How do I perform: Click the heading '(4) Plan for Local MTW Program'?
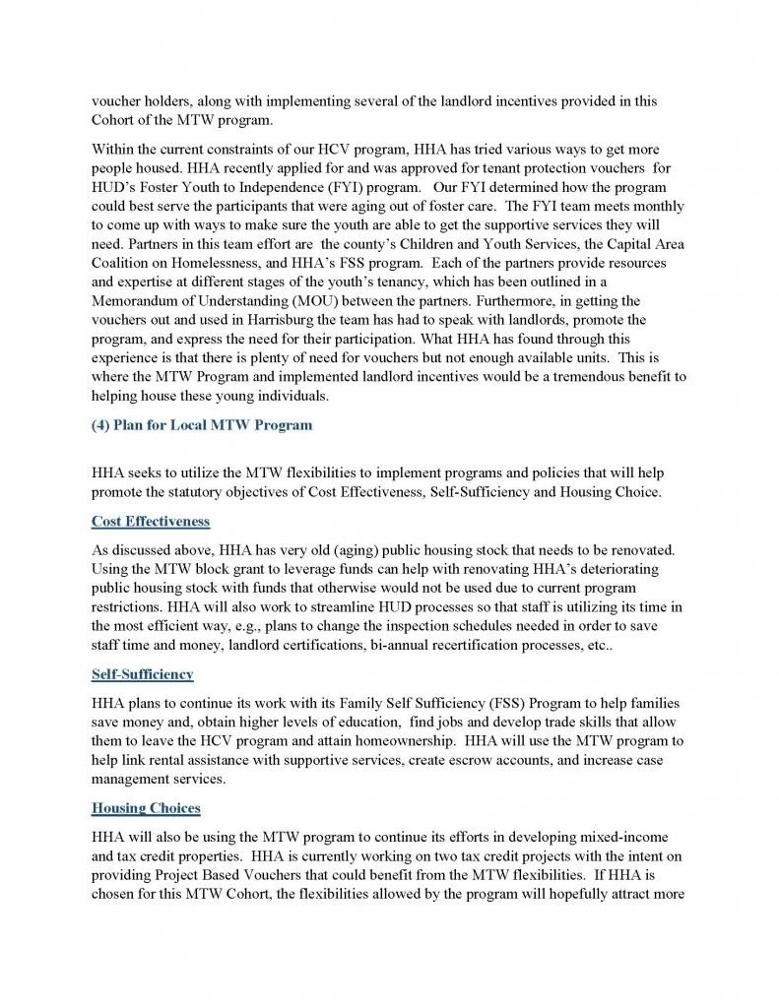pyautogui.click(x=201, y=425)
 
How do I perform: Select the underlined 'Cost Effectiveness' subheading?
pyautogui.click(x=151, y=521)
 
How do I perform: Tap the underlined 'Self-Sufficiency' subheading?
pyautogui.click(x=143, y=674)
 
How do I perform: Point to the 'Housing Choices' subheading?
pyautogui.click(x=146, y=808)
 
